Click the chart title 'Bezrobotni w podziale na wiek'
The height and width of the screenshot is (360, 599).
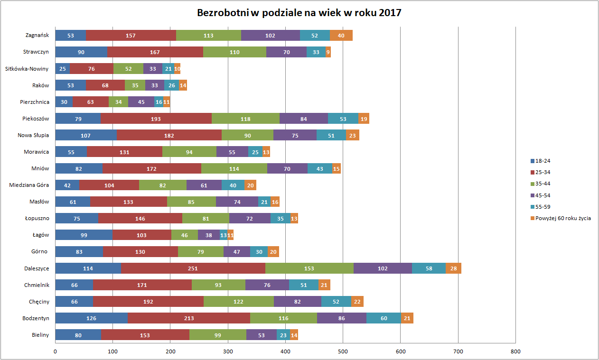click(299, 13)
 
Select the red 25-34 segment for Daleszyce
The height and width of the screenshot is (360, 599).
click(193, 268)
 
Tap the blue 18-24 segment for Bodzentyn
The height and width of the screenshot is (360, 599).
click(91, 318)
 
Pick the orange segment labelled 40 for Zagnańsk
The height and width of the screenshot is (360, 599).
click(341, 36)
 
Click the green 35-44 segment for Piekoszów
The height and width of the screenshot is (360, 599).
click(245, 119)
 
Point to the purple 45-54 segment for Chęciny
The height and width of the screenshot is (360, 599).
click(298, 302)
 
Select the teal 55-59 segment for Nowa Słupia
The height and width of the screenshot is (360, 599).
click(331, 135)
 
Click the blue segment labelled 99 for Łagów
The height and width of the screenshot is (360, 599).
click(84, 235)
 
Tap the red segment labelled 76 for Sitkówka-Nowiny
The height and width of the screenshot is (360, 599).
click(92, 69)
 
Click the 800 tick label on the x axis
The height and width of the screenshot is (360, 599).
click(515, 351)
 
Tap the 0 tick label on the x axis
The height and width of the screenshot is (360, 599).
click(55, 351)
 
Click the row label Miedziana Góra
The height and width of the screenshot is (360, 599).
click(29, 185)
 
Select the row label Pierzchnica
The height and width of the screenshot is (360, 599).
click(35, 102)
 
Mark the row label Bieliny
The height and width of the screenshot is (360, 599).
click(40, 335)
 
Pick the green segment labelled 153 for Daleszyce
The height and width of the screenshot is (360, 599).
click(309, 268)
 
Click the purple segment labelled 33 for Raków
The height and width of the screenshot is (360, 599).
click(155, 85)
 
